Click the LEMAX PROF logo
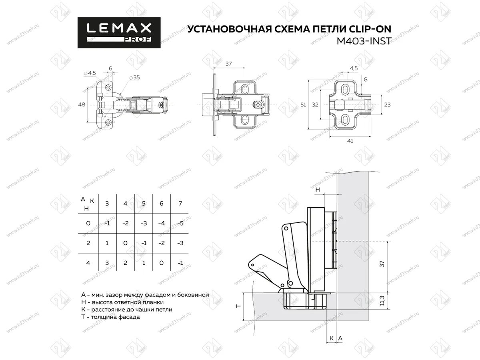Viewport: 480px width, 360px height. point(119,32)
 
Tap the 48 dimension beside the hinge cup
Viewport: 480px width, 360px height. point(82,104)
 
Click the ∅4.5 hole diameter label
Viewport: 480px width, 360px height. point(90,73)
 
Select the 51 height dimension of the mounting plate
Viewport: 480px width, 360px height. point(303,104)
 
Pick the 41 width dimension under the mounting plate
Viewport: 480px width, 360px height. point(350,141)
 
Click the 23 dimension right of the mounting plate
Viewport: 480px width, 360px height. point(387,104)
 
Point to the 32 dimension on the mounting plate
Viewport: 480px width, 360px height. point(315,104)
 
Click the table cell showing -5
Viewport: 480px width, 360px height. point(180,223)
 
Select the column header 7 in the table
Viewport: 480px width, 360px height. point(180,204)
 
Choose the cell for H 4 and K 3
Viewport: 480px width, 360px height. point(107,263)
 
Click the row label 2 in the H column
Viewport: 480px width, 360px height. point(88,243)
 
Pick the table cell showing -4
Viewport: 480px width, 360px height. point(162,223)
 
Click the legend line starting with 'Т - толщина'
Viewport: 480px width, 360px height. point(110,317)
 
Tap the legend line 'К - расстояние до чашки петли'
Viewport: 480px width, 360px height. point(126,309)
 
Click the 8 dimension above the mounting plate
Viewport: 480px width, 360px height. point(366,79)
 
